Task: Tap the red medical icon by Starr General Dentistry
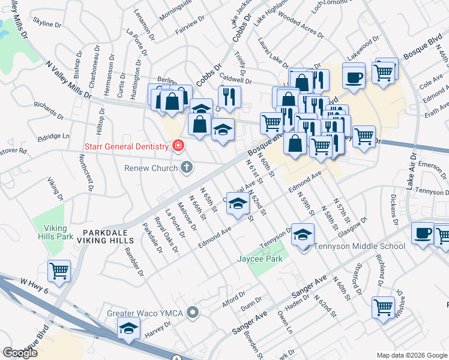pyautogui.click(x=178, y=145)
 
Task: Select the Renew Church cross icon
pyautogui.click(x=187, y=167)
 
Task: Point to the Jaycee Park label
pyautogui.click(x=265, y=259)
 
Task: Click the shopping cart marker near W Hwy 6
pyautogui.click(x=59, y=271)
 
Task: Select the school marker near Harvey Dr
pyautogui.click(x=128, y=328)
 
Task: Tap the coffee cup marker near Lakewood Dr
pyautogui.click(x=354, y=76)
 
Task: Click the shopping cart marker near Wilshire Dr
pyautogui.click(x=383, y=308)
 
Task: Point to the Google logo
pyautogui.click(x=20, y=353)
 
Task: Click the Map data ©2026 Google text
pyautogui.click(x=412, y=355)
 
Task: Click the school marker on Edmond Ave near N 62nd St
pyautogui.click(x=238, y=205)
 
